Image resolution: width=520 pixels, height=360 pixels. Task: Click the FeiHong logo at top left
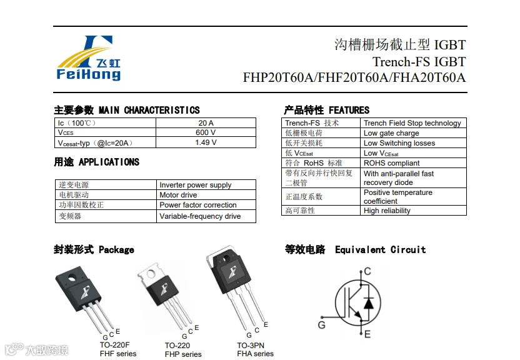(88, 58)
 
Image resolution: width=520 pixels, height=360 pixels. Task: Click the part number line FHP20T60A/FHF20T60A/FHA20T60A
(354, 78)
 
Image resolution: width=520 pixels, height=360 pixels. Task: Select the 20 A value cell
(206, 123)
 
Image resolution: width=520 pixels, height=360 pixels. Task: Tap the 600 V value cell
(206, 132)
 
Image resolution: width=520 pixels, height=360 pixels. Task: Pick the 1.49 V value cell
(206, 142)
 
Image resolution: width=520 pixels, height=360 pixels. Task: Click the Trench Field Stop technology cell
(412, 123)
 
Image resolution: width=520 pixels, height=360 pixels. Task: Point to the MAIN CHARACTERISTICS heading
(149, 110)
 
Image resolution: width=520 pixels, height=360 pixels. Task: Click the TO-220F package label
(114, 344)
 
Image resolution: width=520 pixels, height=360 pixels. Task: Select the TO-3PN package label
(250, 345)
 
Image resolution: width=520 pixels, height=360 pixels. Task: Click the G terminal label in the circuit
(321, 325)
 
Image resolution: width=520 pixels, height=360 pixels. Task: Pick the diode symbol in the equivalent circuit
(368, 304)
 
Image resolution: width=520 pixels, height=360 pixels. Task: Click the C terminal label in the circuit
(367, 271)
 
